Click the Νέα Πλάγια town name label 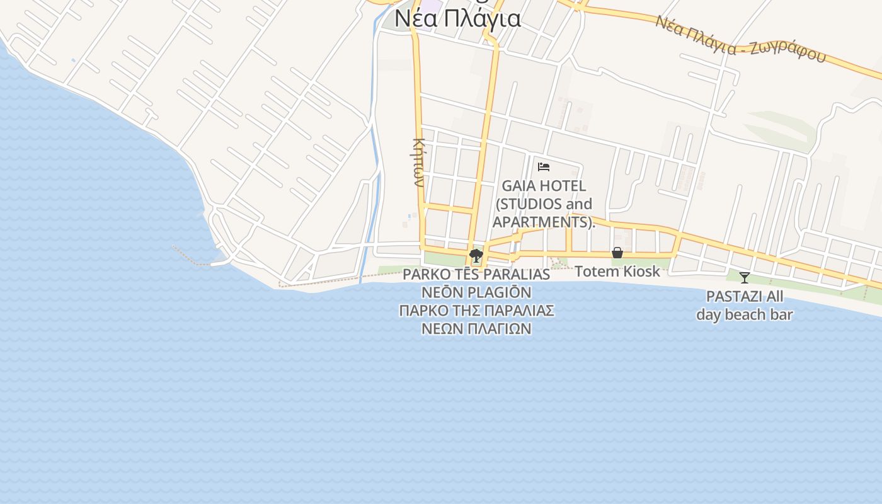[x=457, y=19]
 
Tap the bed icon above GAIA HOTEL [x=544, y=167]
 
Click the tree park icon [x=476, y=255]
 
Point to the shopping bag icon [x=617, y=253]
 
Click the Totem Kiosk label [x=617, y=272]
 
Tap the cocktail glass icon [x=745, y=277]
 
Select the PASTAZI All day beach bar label [x=744, y=306]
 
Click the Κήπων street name [x=418, y=162]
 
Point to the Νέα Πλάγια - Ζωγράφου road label [x=740, y=40]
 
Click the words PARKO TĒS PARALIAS [x=476, y=275]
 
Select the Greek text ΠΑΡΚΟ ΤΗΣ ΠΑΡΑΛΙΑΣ [x=476, y=311]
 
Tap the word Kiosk [x=639, y=272]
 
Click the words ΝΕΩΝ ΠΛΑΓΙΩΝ [x=476, y=328]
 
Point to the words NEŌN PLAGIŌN [x=476, y=292]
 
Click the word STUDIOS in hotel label [x=531, y=204]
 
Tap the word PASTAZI [x=731, y=296]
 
